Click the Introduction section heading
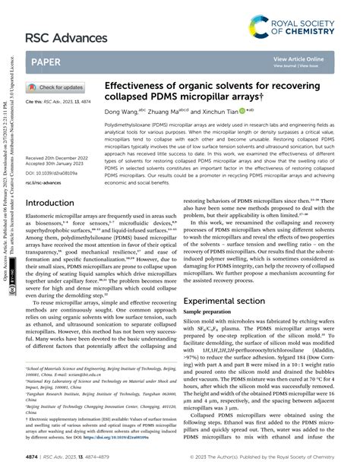pos(55,204)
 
